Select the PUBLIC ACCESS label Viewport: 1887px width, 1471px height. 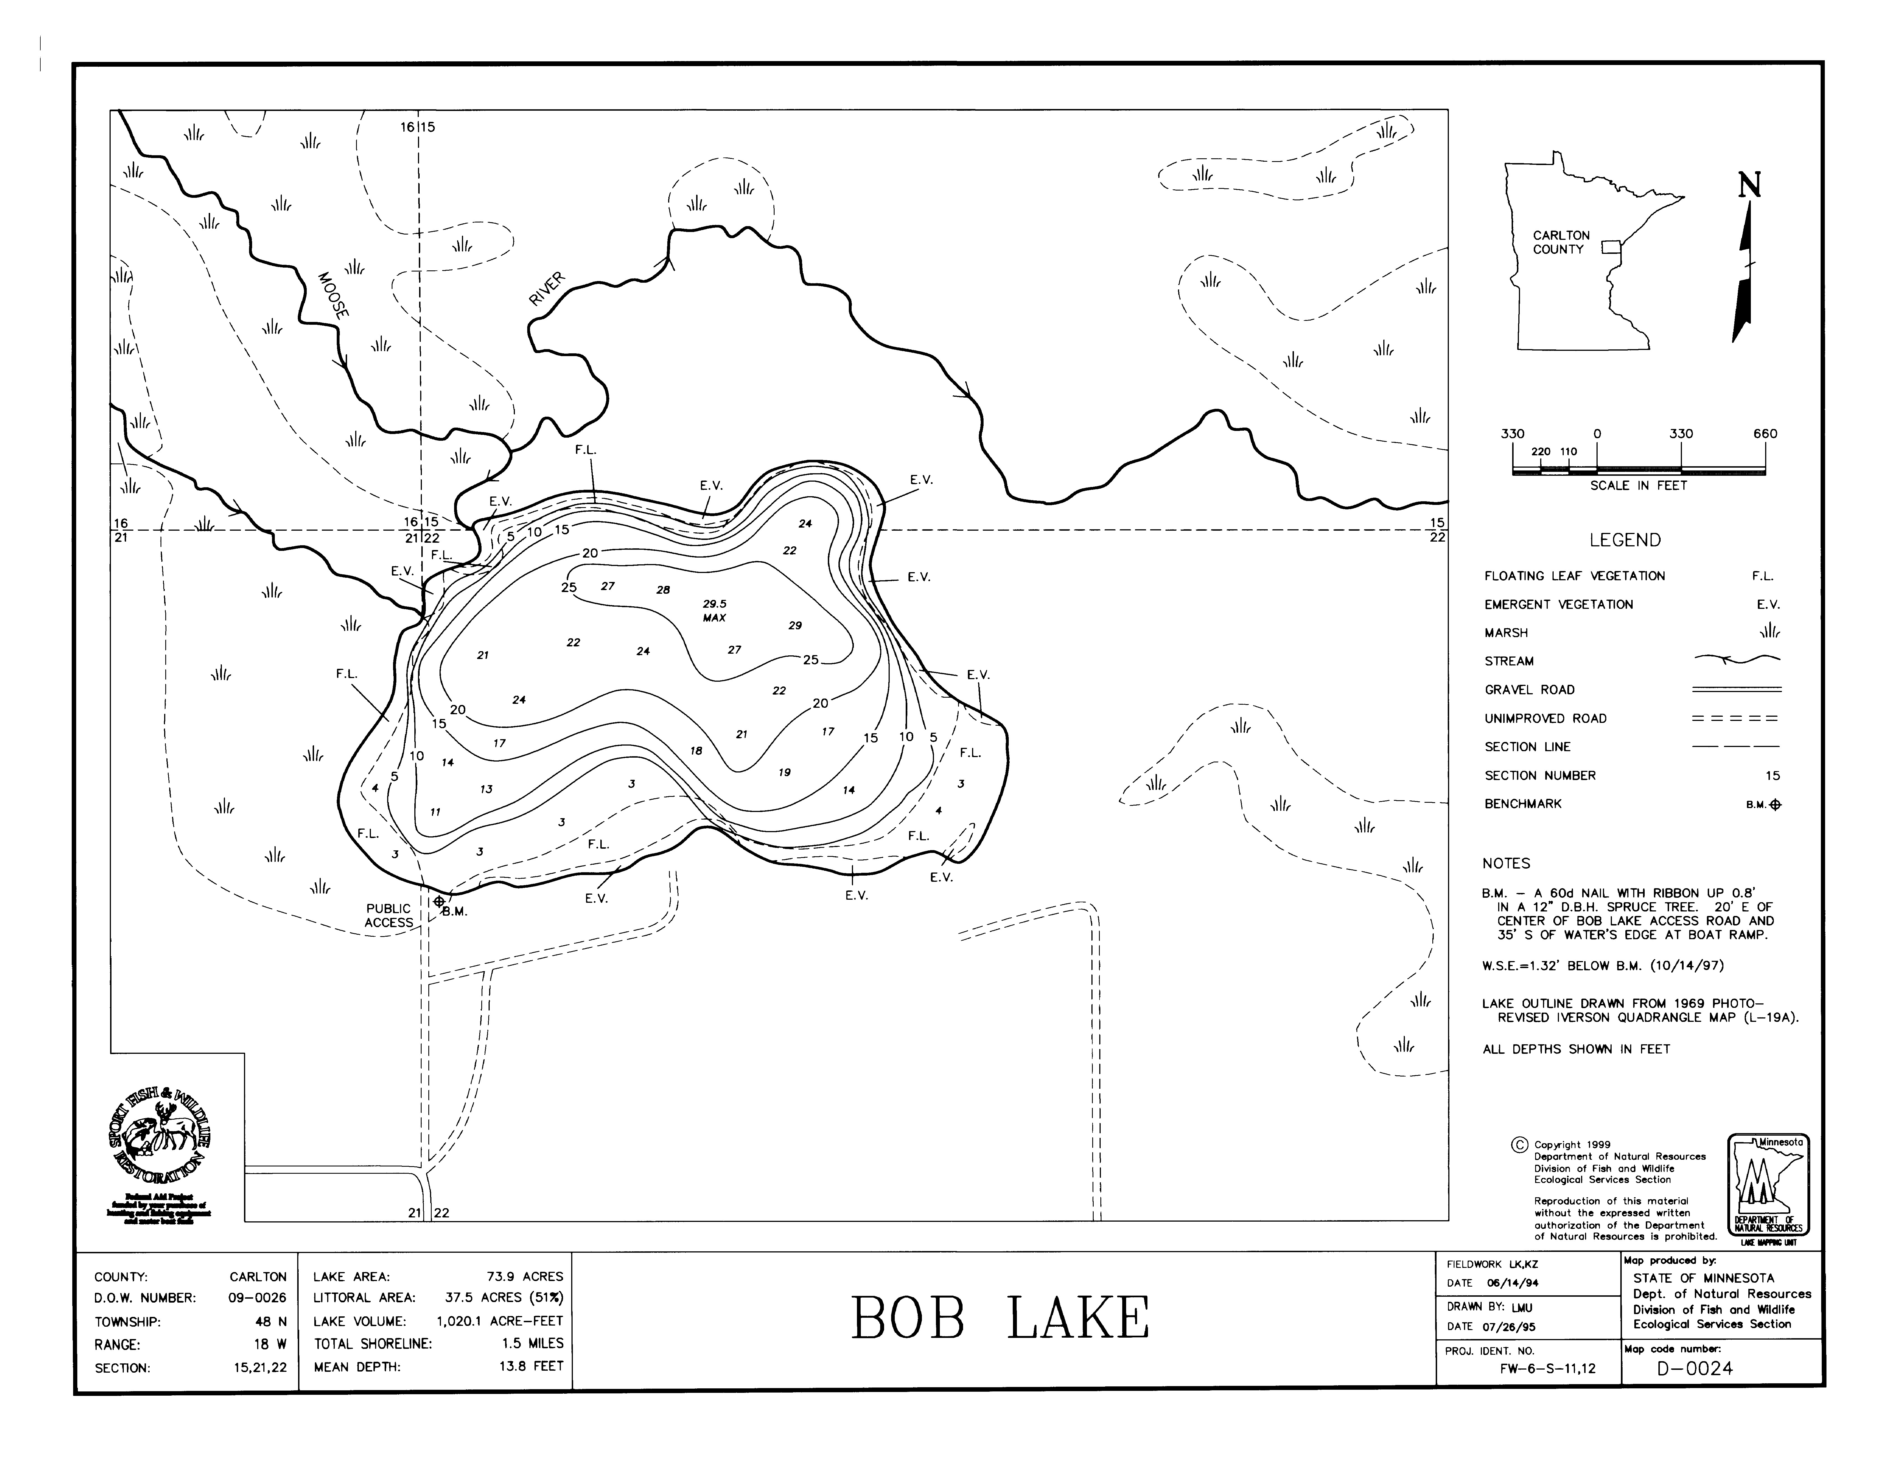pos(389,915)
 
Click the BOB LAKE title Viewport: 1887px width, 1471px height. pos(1001,1319)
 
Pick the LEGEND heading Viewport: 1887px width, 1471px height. pos(1624,540)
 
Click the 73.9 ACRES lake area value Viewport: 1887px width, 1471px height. pos(524,1277)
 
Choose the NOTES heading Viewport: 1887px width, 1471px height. pos(1506,864)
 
